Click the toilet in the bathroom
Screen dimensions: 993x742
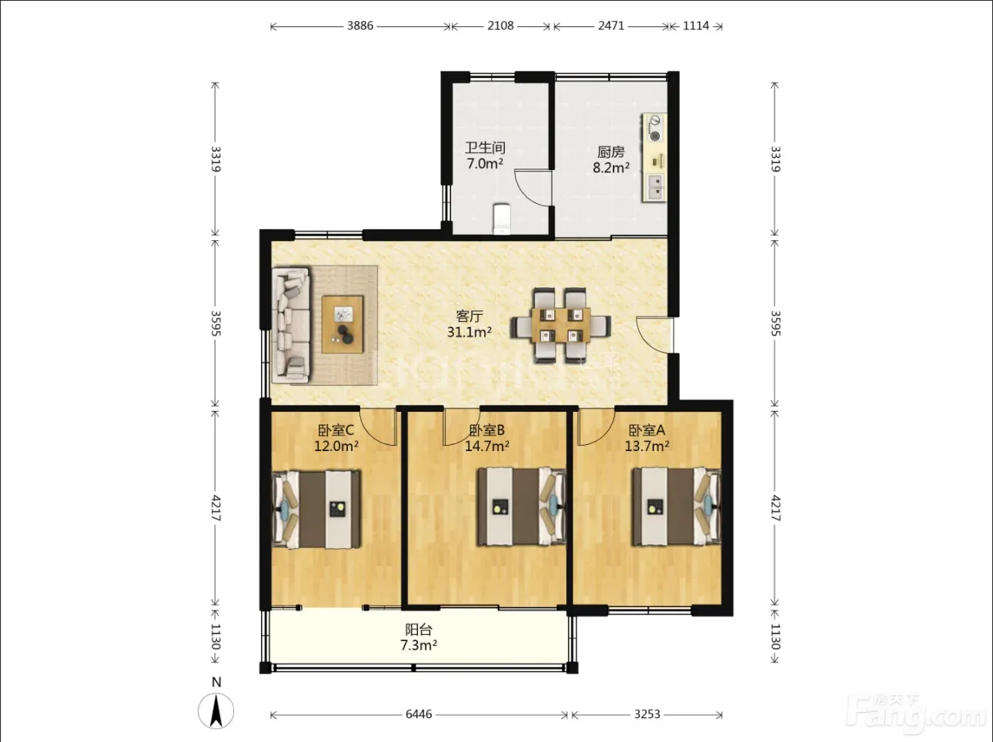(x=501, y=219)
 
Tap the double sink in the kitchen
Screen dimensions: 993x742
(x=654, y=187)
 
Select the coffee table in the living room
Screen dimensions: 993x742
(x=343, y=324)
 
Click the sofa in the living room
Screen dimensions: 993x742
(x=291, y=326)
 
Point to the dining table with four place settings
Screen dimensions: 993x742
(x=561, y=325)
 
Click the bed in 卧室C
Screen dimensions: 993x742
(x=316, y=510)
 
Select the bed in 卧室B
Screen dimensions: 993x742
(x=522, y=506)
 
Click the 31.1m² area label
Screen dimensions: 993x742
(x=470, y=333)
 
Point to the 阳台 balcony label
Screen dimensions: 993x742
(x=419, y=630)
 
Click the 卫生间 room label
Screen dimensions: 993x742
(x=485, y=148)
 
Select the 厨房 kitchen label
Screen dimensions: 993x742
(x=610, y=152)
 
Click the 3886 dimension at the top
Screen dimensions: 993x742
(x=360, y=25)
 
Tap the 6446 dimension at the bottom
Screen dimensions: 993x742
(x=419, y=714)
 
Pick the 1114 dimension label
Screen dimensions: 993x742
(x=696, y=25)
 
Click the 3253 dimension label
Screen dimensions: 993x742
(x=647, y=714)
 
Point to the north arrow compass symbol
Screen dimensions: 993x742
(x=216, y=710)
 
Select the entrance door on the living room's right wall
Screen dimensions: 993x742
(x=654, y=335)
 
